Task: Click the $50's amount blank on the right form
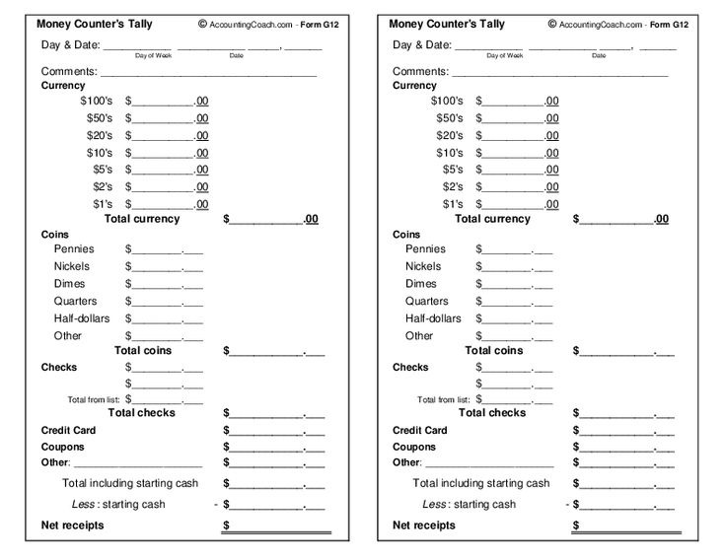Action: pyautogui.click(x=513, y=117)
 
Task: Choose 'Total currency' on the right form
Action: pyautogui.click(x=493, y=219)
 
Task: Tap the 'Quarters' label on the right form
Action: pyautogui.click(x=426, y=301)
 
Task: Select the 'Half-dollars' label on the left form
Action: pyautogui.click(x=82, y=318)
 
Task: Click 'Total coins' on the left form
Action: pyautogui.click(x=143, y=350)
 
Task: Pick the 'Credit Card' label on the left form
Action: pyautogui.click(x=69, y=431)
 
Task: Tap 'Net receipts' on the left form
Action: pyautogui.click(x=72, y=525)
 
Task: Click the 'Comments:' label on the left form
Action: pyautogui.click(x=69, y=71)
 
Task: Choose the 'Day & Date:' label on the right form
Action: pyautogui.click(x=422, y=44)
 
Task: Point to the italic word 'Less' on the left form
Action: pyautogui.click(x=84, y=504)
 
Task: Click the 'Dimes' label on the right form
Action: pyautogui.click(x=421, y=284)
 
